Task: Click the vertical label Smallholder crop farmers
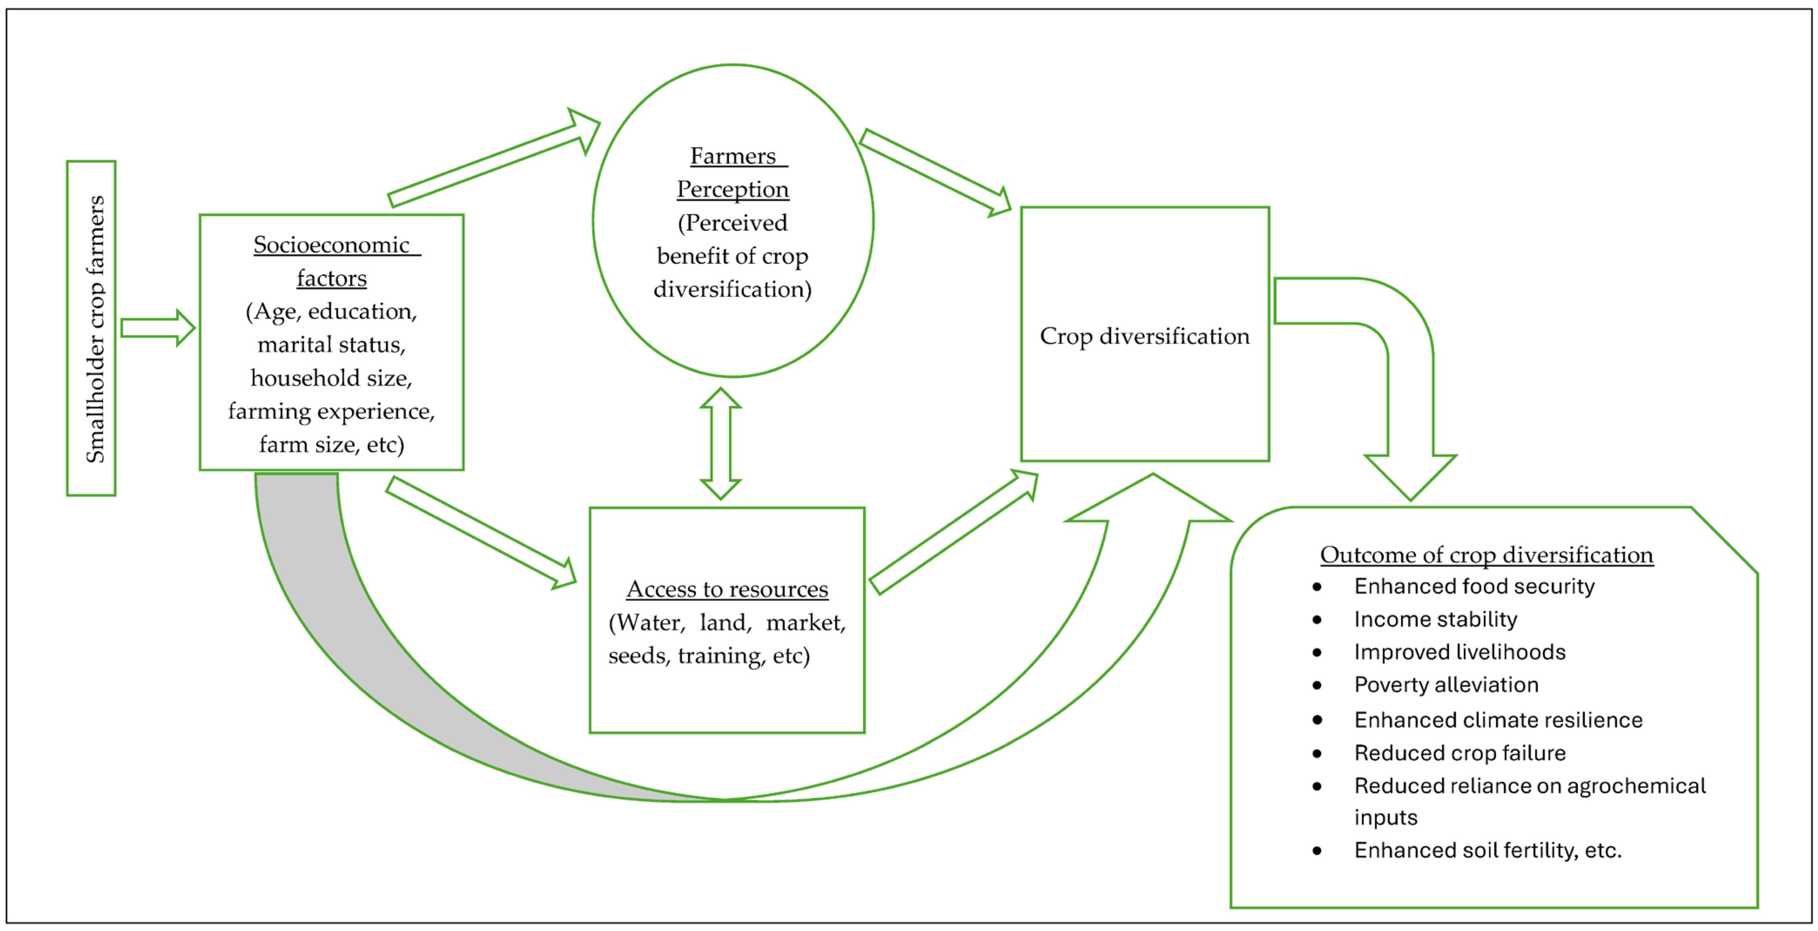point(94,329)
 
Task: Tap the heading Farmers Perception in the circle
point(733,172)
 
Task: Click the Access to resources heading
point(727,589)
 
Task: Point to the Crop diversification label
point(1144,336)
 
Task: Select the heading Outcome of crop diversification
point(1486,555)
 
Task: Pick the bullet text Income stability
point(1435,619)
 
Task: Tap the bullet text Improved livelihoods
point(1459,651)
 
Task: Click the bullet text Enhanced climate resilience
point(1498,720)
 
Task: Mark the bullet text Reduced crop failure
point(1459,753)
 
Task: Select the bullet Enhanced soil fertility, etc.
point(1487,850)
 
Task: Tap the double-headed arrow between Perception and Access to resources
point(720,443)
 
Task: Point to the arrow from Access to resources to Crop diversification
point(953,533)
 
